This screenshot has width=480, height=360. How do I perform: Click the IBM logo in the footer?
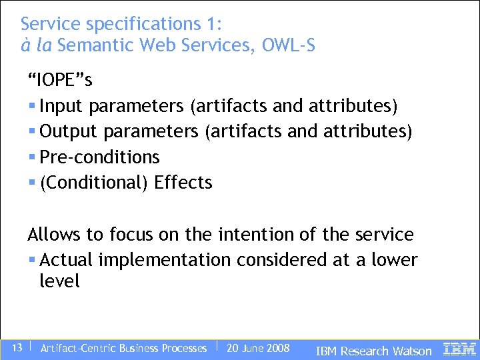click(460, 348)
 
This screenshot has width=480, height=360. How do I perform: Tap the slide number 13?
click(18, 347)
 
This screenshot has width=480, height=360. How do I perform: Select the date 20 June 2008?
click(258, 348)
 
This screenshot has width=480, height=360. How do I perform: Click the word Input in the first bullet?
click(62, 106)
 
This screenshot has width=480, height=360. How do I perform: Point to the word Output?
click(69, 131)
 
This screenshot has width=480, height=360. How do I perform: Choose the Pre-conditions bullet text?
click(100, 157)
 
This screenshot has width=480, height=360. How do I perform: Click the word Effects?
click(183, 182)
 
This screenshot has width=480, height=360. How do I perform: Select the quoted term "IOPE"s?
click(60, 81)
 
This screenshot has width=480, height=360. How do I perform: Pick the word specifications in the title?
click(139, 24)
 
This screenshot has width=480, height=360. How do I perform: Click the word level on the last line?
click(59, 281)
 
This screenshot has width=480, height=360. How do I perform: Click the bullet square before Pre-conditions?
click(33, 157)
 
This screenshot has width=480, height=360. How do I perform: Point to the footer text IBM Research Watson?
click(373, 351)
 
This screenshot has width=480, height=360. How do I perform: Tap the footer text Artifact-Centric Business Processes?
click(123, 348)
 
